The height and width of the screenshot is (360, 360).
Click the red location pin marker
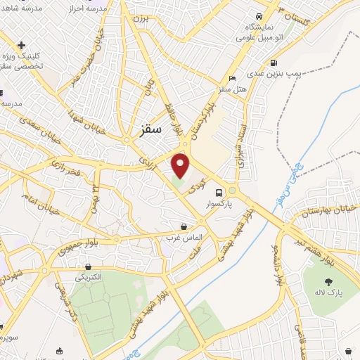[181, 165]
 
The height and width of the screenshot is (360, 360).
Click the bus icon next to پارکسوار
[219, 192]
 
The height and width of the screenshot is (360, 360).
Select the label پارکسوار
[219, 205]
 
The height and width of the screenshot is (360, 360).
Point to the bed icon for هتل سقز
[232, 78]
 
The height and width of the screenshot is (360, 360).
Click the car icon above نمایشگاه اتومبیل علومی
[259, 15]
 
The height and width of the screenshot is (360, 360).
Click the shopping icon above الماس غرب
[184, 227]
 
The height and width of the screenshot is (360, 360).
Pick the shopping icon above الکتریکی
[88, 266]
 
